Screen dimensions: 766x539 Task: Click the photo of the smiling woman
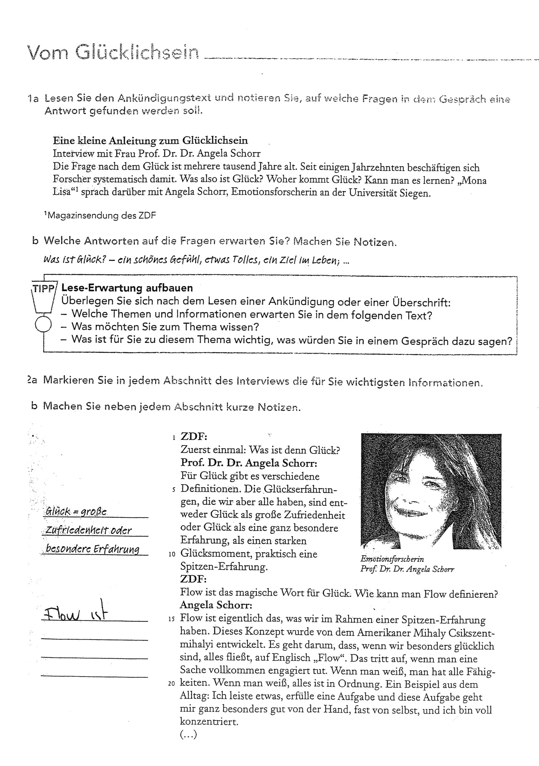431,491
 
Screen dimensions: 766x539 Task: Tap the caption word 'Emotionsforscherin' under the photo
392,559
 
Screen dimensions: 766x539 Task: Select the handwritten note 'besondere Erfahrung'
92,549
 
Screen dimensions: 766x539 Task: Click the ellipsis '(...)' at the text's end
189,734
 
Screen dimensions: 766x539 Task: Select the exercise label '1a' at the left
33,99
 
